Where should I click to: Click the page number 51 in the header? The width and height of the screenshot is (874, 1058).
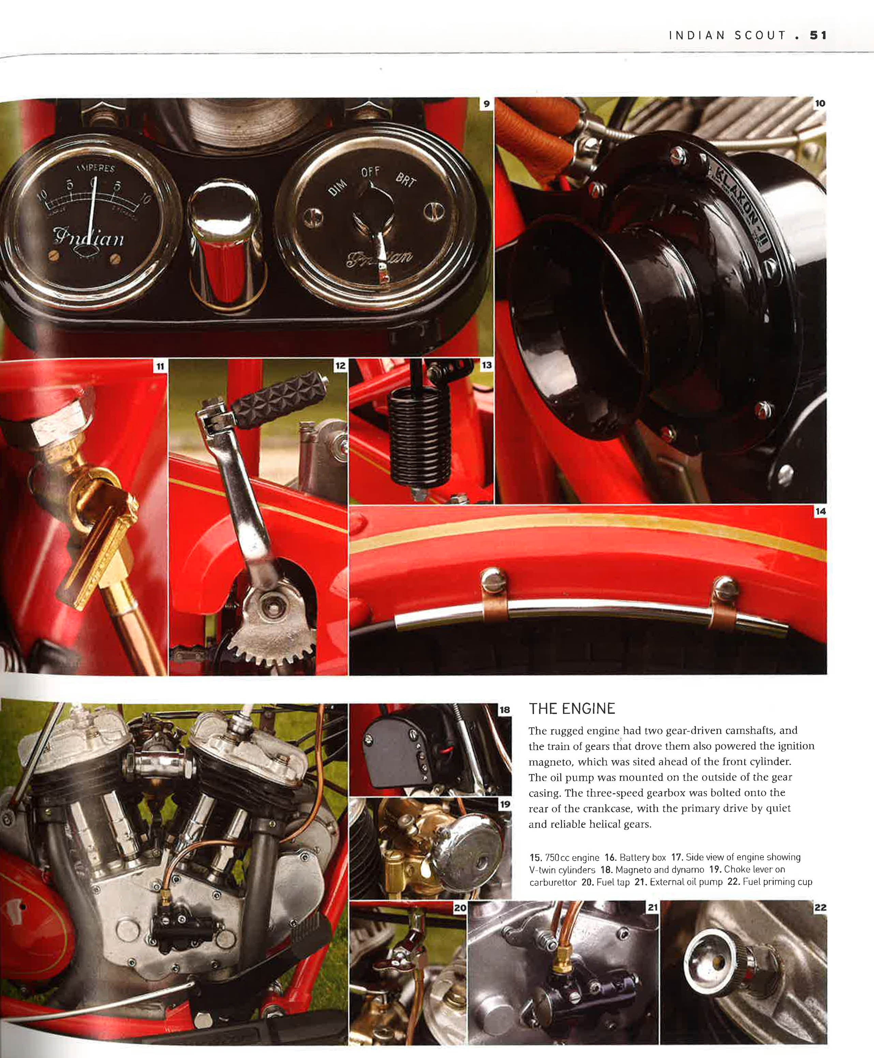click(818, 35)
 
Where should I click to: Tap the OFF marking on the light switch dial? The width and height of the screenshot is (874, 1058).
click(370, 172)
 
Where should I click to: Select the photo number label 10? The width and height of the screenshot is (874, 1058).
click(820, 104)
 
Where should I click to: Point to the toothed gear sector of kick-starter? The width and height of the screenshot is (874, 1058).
click(272, 634)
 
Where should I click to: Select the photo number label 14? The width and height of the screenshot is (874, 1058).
click(820, 511)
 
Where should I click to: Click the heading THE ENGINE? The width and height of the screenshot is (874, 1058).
click(572, 709)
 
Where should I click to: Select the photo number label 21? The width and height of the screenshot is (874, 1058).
click(652, 908)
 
